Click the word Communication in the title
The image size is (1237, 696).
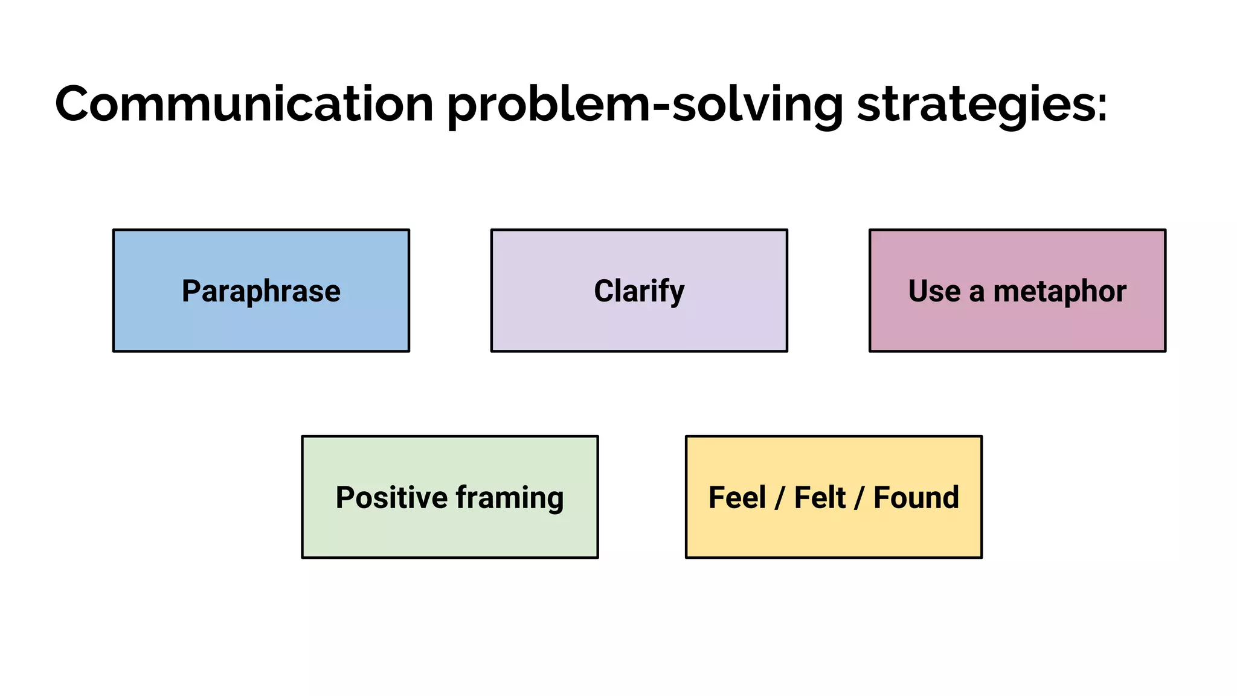tap(244, 104)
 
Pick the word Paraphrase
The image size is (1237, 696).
tap(261, 291)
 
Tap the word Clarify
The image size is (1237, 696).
tap(639, 291)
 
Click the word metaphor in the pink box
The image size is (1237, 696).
tap(1059, 291)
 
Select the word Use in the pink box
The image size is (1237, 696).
tap(934, 291)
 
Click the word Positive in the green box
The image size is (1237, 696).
tap(391, 498)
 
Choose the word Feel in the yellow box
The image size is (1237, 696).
tap(737, 498)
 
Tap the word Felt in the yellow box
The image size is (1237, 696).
tap(820, 498)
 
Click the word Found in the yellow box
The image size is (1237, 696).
tap(916, 498)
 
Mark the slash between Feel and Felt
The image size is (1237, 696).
tap(780, 498)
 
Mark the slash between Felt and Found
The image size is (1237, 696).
tap(859, 498)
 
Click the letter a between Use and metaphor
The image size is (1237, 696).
tap(977, 292)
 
